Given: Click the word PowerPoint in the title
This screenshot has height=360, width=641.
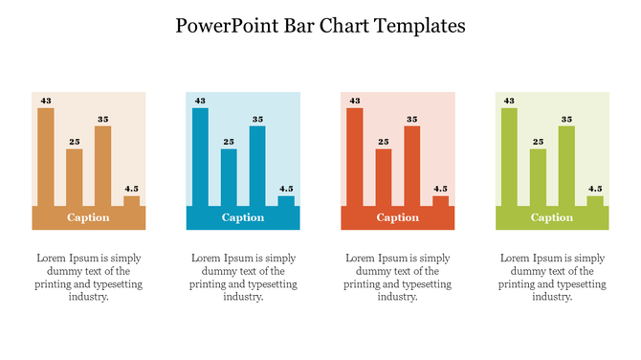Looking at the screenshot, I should coord(222,26).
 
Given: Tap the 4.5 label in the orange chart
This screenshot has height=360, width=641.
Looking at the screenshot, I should coord(132,189).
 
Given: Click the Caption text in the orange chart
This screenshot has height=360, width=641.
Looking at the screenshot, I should coord(88,217).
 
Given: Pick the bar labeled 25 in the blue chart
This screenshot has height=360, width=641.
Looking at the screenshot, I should coord(229,177).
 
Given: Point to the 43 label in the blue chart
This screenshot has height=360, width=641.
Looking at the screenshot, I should coord(200,101).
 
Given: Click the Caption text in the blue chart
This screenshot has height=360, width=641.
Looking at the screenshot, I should coord(243,217).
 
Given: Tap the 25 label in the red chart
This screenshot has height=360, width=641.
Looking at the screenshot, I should coord(384,142).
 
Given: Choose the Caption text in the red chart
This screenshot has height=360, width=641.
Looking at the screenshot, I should coord(398,217).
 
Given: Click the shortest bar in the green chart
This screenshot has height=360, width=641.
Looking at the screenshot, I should coord(595,201).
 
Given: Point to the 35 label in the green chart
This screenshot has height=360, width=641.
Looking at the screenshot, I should coord(566,120).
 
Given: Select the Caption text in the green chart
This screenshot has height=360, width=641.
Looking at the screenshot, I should coord(552,217).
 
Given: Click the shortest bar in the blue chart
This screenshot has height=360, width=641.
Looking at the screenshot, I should coord(286,201).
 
